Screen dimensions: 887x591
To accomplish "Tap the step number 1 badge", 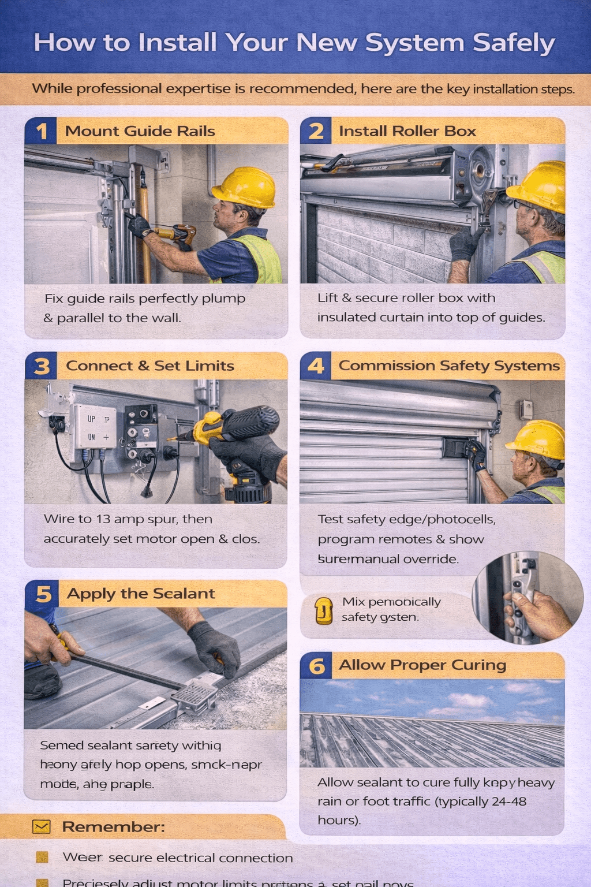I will tap(41, 131).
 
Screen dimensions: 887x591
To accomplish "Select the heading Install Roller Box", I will tap(407, 131).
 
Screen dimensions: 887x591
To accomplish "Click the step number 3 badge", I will tap(41, 366).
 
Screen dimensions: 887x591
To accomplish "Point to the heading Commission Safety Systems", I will tap(448, 366).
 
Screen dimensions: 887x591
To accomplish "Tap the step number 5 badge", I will tap(43, 594).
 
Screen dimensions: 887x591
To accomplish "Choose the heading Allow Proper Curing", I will tap(422, 665).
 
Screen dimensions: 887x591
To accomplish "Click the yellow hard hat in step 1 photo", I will tap(245, 188).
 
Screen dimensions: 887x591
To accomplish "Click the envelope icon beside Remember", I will tap(42, 827).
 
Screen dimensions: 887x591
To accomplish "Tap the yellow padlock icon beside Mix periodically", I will tap(324, 610).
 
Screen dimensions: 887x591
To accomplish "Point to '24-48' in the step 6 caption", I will tap(508, 802).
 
